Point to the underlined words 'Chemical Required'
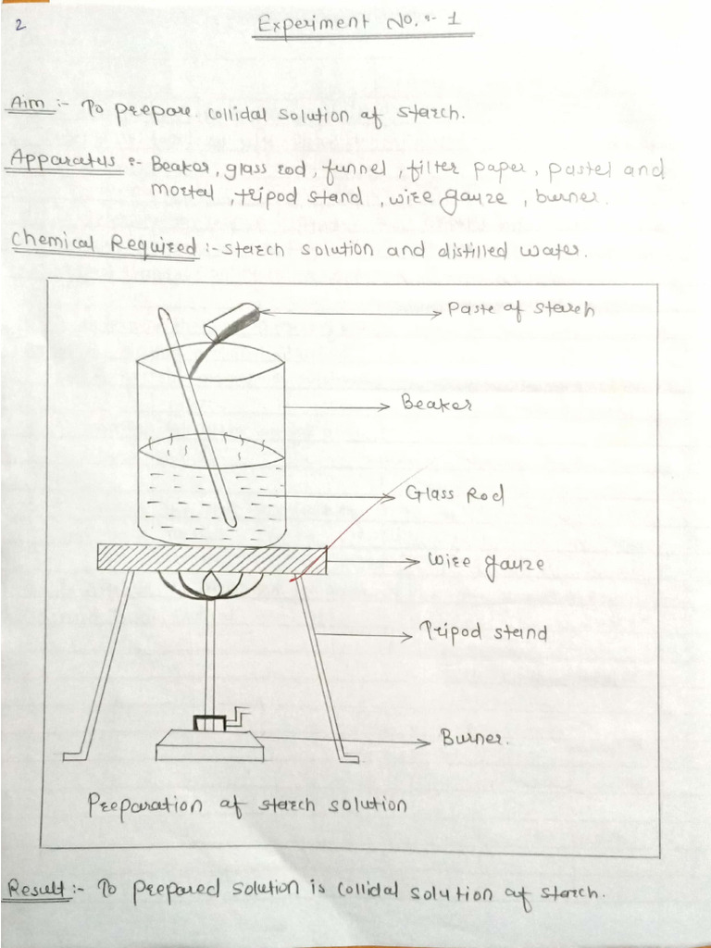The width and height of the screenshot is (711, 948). (x=105, y=246)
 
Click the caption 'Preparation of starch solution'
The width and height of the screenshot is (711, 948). (x=246, y=804)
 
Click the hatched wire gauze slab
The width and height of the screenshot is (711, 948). (x=212, y=559)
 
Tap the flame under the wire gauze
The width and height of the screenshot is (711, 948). (x=212, y=585)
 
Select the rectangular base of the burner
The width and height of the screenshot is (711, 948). (x=209, y=744)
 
